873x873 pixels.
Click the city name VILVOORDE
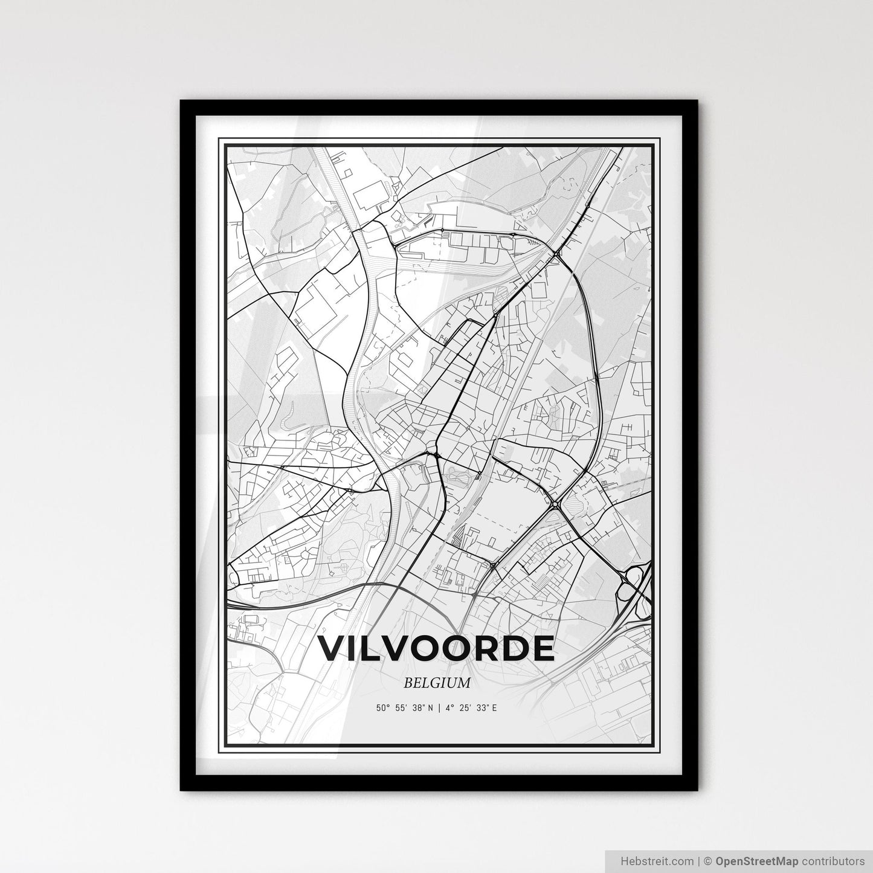[436, 648]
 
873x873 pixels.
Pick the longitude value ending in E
[471, 708]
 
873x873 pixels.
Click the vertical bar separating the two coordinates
[439, 708]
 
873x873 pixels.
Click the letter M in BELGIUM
[463, 683]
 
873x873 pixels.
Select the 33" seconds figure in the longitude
[483, 708]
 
